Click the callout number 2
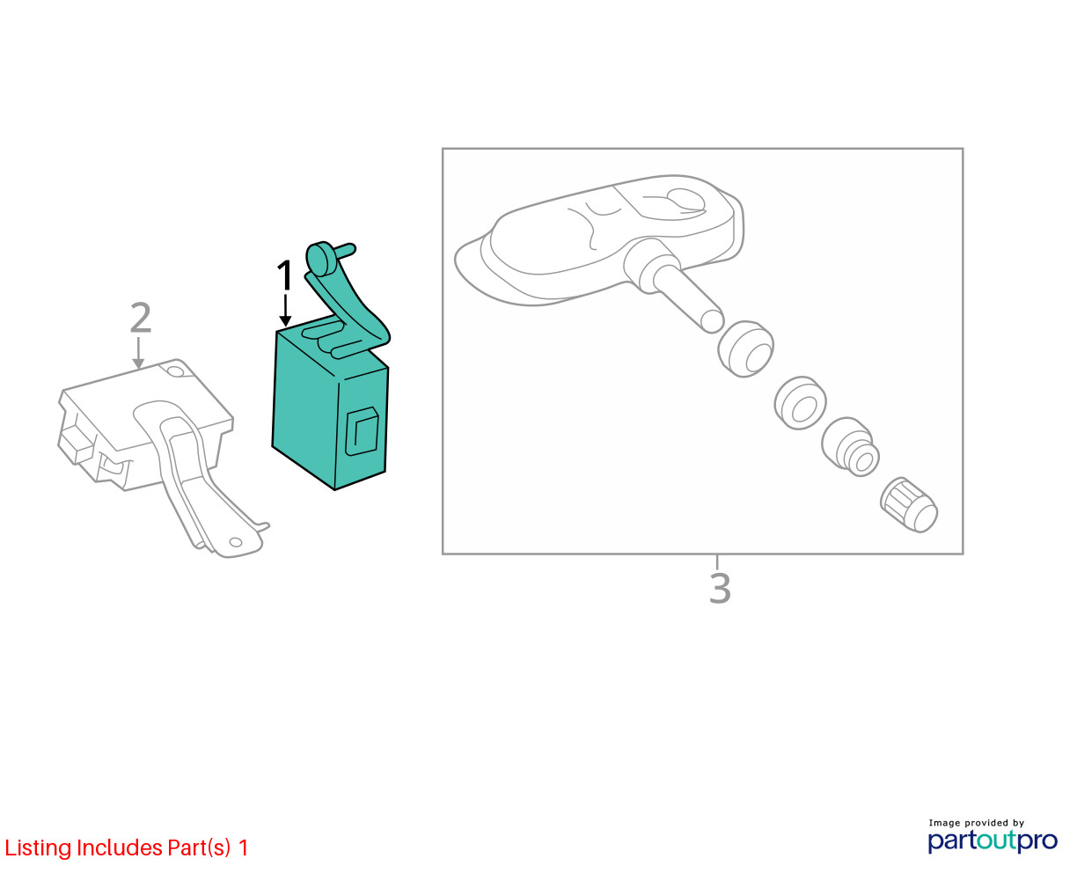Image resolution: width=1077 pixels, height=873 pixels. click(x=140, y=318)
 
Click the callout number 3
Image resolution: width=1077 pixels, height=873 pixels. click(x=719, y=588)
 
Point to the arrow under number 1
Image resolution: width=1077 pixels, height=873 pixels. click(x=285, y=310)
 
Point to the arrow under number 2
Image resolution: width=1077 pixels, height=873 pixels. click(x=138, y=353)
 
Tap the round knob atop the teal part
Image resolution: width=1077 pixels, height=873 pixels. click(x=319, y=259)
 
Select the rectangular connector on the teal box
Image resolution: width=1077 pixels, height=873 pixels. click(x=361, y=431)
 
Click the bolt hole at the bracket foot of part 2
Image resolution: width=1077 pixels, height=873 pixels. click(x=236, y=542)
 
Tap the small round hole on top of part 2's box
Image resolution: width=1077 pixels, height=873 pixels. click(x=175, y=371)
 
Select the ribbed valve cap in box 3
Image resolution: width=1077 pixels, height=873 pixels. click(x=909, y=505)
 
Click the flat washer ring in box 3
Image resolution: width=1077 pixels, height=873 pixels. click(x=800, y=403)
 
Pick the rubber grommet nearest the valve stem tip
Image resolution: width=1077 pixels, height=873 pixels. click(x=745, y=348)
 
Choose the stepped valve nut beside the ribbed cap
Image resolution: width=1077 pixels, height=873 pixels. click(x=850, y=446)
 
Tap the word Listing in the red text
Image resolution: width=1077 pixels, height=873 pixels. click(x=39, y=847)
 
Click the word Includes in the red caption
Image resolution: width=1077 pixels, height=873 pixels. click(x=120, y=847)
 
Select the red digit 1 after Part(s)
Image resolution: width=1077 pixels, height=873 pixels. click(x=243, y=847)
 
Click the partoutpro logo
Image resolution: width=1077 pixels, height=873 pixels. click(x=992, y=841)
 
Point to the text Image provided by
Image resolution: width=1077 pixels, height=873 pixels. click(x=977, y=823)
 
